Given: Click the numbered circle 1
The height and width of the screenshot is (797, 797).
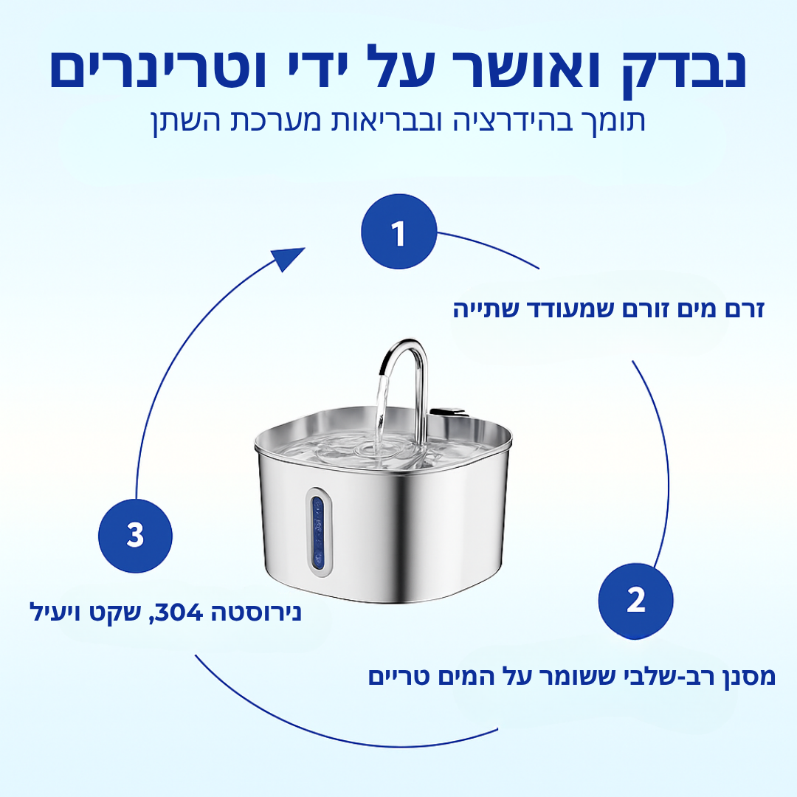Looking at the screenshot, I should click(398, 233).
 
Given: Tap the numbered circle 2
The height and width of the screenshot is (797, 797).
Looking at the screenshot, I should click(635, 601).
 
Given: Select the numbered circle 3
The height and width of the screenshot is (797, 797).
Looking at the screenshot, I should click(135, 535).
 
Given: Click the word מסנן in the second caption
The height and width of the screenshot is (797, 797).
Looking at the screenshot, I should click(745, 677).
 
